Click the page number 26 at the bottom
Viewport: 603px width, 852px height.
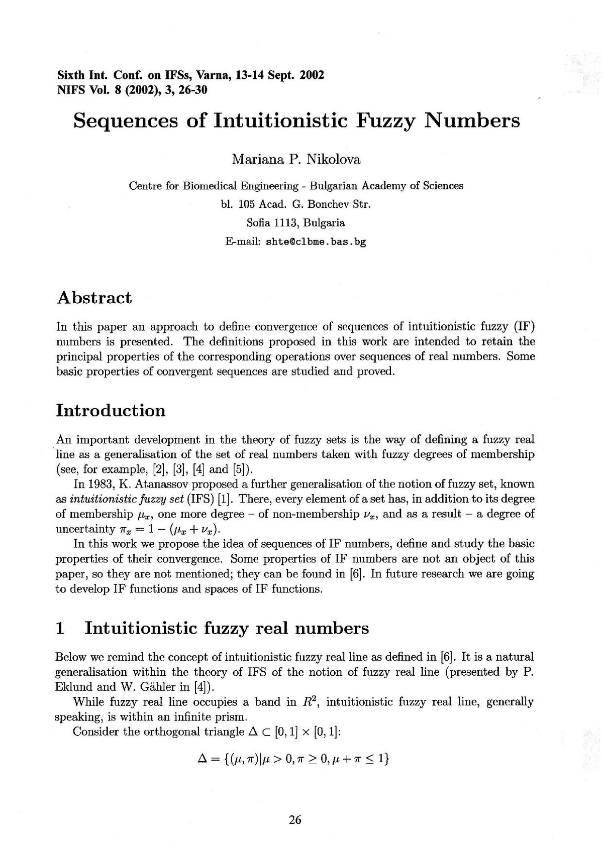point(295,820)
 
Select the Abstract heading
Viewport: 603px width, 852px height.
point(94,297)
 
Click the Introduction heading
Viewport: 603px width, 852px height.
point(111,410)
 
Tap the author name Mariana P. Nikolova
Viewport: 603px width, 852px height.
point(296,160)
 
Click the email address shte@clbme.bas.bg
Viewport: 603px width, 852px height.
point(316,241)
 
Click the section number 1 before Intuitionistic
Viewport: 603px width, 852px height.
point(60,628)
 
